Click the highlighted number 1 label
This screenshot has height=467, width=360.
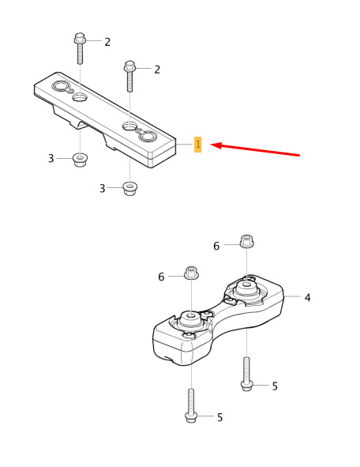coord(198,145)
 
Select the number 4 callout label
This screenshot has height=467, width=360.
coord(307,297)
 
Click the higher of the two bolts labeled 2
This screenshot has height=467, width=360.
coord(80,48)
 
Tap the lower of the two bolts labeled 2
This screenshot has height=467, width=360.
coord(129,76)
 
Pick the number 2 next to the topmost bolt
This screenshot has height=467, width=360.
coord(107,42)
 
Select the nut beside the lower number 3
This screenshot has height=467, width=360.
coord(130,188)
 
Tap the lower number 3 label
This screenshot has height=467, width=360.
coord(103,188)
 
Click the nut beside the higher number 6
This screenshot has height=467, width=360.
coord(246,241)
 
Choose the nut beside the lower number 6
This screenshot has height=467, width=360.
coord(191,273)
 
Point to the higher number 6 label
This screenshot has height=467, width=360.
coord(216,246)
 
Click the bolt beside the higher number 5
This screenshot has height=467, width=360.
coord(246,374)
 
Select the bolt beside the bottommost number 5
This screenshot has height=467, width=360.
coord(191,405)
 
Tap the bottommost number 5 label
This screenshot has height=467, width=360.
coord(219,417)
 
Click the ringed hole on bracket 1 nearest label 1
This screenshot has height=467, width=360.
coord(148,136)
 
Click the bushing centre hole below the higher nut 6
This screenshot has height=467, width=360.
coord(247,284)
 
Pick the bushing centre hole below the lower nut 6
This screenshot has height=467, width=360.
coord(190,314)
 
